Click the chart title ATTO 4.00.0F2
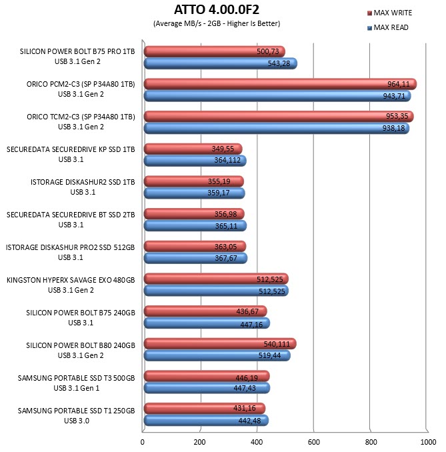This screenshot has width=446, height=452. click(217, 9)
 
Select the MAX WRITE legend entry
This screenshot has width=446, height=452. click(390, 13)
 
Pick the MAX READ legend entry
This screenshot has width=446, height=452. click(388, 28)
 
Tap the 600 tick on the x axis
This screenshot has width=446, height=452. click(314, 442)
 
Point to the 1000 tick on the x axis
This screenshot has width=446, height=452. click(428, 442)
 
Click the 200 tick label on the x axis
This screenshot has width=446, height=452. click(199, 442)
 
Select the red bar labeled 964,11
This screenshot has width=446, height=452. click(280, 84)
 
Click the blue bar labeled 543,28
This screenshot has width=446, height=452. click(221, 63)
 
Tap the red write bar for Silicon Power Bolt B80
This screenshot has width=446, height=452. click(220, 343)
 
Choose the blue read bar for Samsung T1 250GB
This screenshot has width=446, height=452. click(206, 421)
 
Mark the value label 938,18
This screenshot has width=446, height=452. click(393, 128)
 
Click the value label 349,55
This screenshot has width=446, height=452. click(223, 149)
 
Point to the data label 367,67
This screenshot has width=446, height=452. click(226, 258)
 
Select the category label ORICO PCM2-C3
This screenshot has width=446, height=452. click(81, 84)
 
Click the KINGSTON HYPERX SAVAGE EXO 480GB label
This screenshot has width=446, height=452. click(71, 280)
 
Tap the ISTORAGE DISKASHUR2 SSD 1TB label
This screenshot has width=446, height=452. click(83, 182)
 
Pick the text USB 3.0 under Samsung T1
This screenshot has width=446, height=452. click(77, 421)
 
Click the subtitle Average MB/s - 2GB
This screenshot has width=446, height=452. click(217, 23)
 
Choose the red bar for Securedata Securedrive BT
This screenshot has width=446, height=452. click(194, 214)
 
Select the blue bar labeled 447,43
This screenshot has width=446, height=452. click(207, 388)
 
